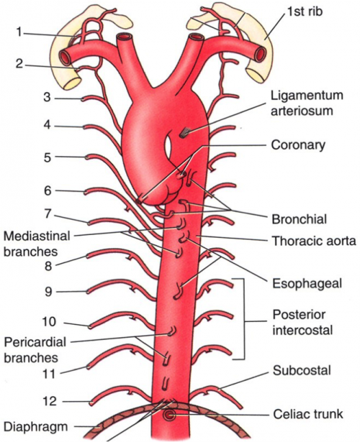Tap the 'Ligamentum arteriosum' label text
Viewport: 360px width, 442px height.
[307, 103]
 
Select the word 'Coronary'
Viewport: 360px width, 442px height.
[298, 145]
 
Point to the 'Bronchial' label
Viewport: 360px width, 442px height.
[299, 219]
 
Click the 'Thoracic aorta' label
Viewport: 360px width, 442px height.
[314, 241]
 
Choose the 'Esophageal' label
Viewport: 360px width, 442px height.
[307, 283]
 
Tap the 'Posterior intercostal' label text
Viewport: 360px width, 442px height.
[302, 322]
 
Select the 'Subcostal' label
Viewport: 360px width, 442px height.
[302, 371]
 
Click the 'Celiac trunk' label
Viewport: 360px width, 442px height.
[308, 414]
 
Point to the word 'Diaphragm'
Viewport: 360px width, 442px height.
[36, 427]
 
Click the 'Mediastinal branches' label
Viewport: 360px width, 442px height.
[36, 243]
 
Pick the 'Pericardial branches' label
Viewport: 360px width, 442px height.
[35, 349]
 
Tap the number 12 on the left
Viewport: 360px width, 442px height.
[49, 402]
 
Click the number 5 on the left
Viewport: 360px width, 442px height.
[47, 158]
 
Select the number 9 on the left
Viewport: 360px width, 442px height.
[48, 292]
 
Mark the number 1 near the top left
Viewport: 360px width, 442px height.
[19, 32]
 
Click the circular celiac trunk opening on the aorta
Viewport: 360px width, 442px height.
[169, 415]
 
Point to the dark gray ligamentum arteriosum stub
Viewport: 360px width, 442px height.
[184, 132]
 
